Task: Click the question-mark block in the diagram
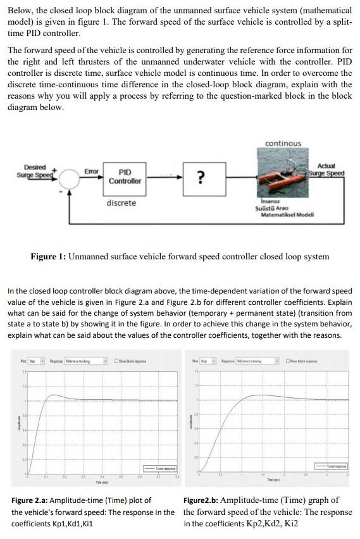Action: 200,177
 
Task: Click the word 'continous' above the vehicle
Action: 283,144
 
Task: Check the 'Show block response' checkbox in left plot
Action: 117,361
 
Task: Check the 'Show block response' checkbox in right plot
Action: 289,361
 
